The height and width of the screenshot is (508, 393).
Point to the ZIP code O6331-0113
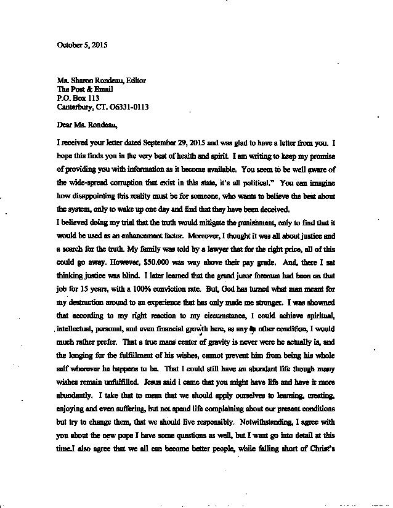point(128,107)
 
